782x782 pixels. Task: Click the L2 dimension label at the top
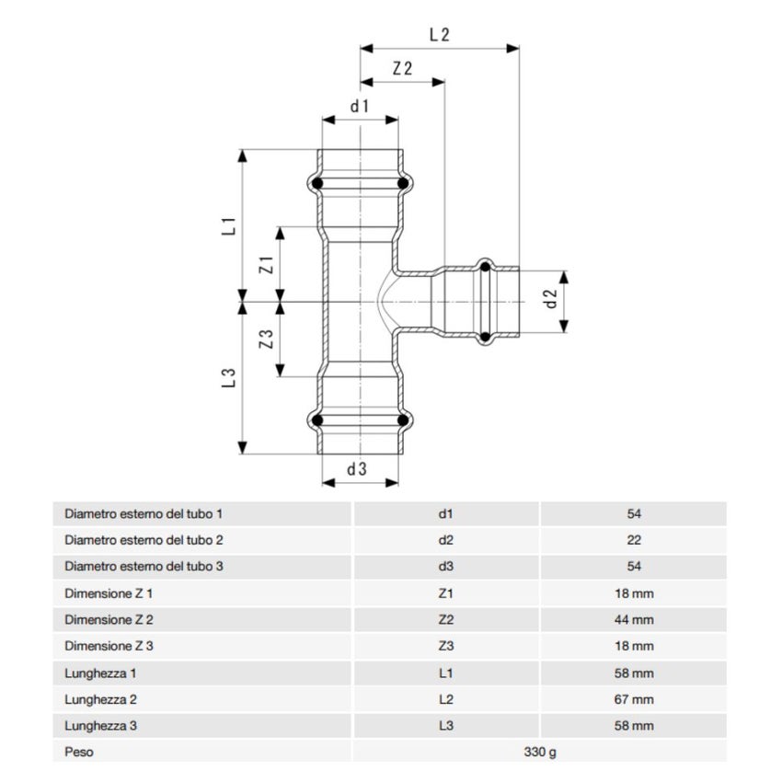coord(439,35)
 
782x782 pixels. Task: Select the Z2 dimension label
coord(401,69)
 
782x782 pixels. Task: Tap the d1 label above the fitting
coord(359,106)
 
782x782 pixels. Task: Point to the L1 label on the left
coord(230,224)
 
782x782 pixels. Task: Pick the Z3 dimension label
coord(266,339)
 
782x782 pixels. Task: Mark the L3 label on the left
coord(230,376)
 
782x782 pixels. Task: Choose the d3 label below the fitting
coord(357,469)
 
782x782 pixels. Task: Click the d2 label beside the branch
coord(550,299)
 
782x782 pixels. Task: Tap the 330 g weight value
coord(540,752)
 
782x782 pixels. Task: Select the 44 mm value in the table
coord(633,619)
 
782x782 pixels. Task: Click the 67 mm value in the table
coord(633,699)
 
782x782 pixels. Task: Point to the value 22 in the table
coord(633,540)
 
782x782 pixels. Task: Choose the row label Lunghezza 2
coord(100,699)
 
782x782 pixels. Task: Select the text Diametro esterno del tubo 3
coord(144,567)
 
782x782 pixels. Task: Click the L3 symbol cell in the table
coord(447,726)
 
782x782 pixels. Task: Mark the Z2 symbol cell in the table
coord(447,619)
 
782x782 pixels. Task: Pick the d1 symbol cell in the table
coord(447,513)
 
